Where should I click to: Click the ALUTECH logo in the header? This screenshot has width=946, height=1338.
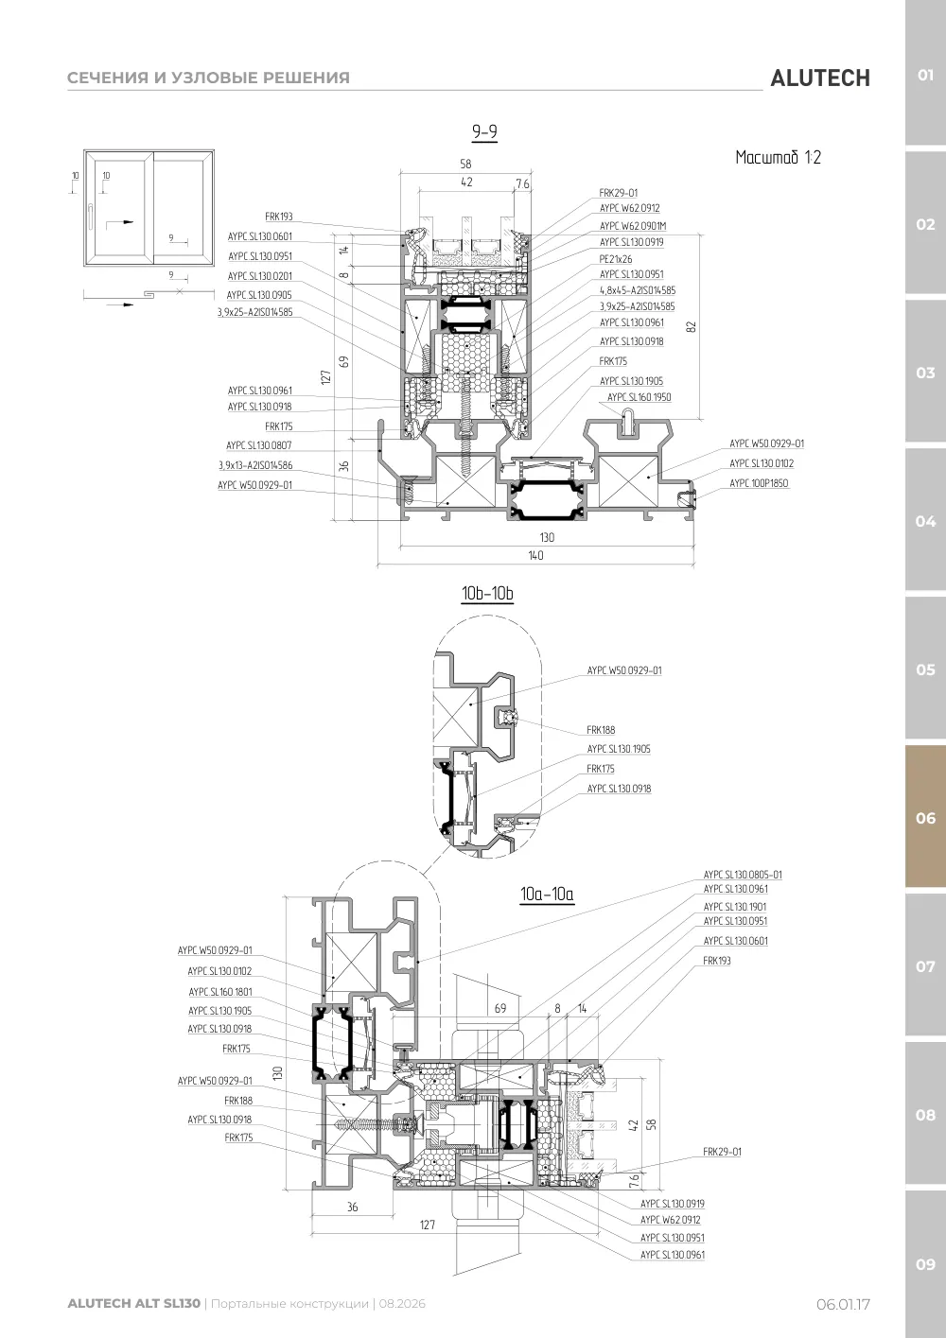(820, 78)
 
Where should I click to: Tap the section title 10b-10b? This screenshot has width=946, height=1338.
(487, 593)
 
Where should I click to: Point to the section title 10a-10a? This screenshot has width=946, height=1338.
(547, 894)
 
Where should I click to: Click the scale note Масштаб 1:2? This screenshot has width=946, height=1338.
(778, 157)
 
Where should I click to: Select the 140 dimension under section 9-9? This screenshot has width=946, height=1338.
(535, 555)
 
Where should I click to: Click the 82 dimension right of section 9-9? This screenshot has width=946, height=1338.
(692, 327)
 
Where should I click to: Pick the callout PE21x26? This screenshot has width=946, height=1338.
(616, 259)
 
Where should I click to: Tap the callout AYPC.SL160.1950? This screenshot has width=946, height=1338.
(639, 397)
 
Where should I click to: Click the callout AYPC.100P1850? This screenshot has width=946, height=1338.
(759, 482)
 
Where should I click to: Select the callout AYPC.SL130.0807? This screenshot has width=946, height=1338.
(259, 445)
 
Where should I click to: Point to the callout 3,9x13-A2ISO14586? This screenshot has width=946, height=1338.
(255, 464)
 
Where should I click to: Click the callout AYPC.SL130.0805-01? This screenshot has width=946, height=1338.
(743, 875)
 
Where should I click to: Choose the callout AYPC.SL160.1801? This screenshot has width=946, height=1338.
(220, 992)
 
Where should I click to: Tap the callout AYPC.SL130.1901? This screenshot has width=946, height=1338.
(735, 907)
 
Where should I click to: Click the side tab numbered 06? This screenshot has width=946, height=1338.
(925, 818)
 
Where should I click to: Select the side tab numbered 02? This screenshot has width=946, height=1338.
(925, 225)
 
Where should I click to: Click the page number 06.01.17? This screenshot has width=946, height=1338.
(843, 1304)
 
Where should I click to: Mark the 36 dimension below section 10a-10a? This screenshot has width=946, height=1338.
(353, 1208)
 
